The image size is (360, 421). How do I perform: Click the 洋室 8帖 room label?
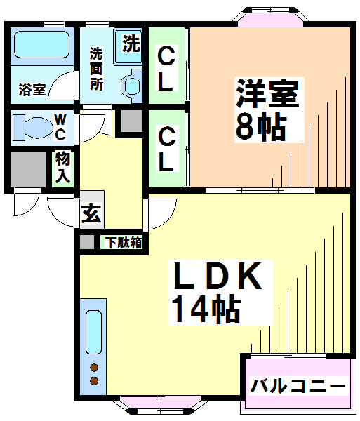[x=267, y=109]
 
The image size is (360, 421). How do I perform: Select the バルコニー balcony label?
[x=298, y=386]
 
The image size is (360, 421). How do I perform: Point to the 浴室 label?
[x=31, y=90]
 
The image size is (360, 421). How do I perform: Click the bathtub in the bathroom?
[x=41, y=46]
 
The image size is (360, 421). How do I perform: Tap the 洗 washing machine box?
[x=131, y=44]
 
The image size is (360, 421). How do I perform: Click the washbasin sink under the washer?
[x=132, y=85]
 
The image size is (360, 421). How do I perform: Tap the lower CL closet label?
[x=166, y=148]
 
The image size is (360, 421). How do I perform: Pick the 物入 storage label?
[x=62, y=169]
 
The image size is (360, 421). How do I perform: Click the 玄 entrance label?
[x=89, y=213]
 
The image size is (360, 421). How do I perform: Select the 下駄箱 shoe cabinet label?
[x=124, y=243]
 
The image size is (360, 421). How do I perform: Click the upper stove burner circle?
[x=93, y=368]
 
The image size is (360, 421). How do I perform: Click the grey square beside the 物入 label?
[x=28, y=168]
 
